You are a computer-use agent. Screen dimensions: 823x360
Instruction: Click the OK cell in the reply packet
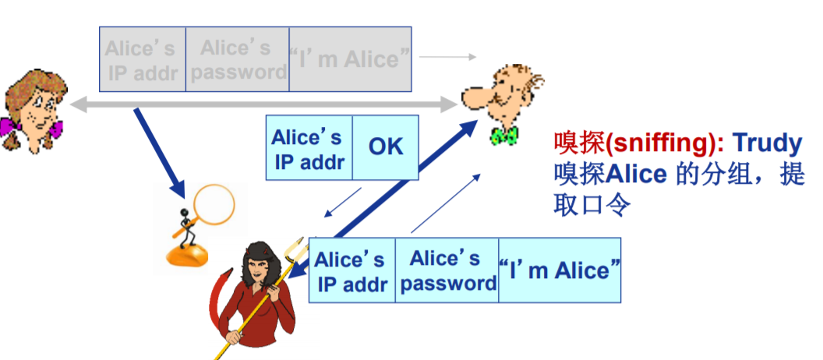click(386, 147)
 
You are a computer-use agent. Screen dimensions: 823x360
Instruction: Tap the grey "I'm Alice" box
click(350, 59)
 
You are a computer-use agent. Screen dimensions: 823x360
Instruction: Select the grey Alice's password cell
click(238, 59)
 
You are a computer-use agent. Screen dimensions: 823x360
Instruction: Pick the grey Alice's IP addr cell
click(142, 59)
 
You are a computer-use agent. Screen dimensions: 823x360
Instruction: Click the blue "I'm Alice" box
click(560, 270)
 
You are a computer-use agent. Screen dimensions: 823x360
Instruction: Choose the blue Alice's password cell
click(447, 270)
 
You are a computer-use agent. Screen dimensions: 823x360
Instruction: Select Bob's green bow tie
click(504, 136)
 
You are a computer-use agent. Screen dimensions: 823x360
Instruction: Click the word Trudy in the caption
click(767, 143)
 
